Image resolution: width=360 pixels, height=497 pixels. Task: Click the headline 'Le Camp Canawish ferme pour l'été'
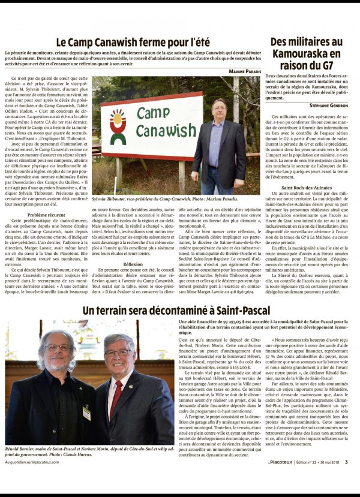pos(133,43)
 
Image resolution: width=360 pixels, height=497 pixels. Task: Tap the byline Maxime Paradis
pos(245,72)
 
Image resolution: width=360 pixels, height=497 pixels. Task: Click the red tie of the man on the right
pos(113,396)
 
